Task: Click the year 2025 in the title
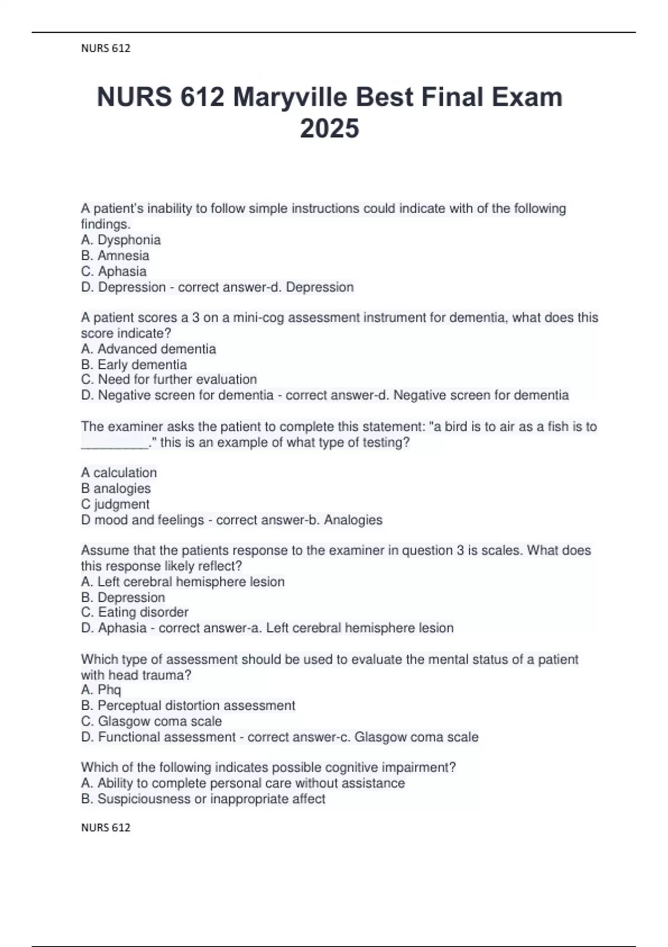330,129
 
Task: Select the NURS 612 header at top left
106,48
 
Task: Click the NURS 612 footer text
106,828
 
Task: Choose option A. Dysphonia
121,240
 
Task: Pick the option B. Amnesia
115,256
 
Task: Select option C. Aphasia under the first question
114,271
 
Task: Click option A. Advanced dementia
149,349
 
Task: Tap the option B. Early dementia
134,365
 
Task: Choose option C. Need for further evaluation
169,380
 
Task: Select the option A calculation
119,473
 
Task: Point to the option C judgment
115,504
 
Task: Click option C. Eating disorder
135,612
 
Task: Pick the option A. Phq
101,690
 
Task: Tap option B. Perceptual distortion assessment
188,706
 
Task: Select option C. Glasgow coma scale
151,721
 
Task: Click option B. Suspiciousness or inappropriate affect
203,799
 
